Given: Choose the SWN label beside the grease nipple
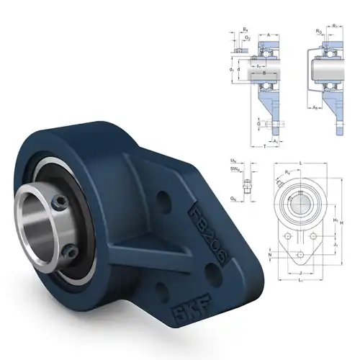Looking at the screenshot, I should [234, 169].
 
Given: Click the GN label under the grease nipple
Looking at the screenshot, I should [234, 197].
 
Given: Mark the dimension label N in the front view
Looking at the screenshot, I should [270, 255].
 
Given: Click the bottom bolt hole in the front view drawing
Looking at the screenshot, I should [298, 256].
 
